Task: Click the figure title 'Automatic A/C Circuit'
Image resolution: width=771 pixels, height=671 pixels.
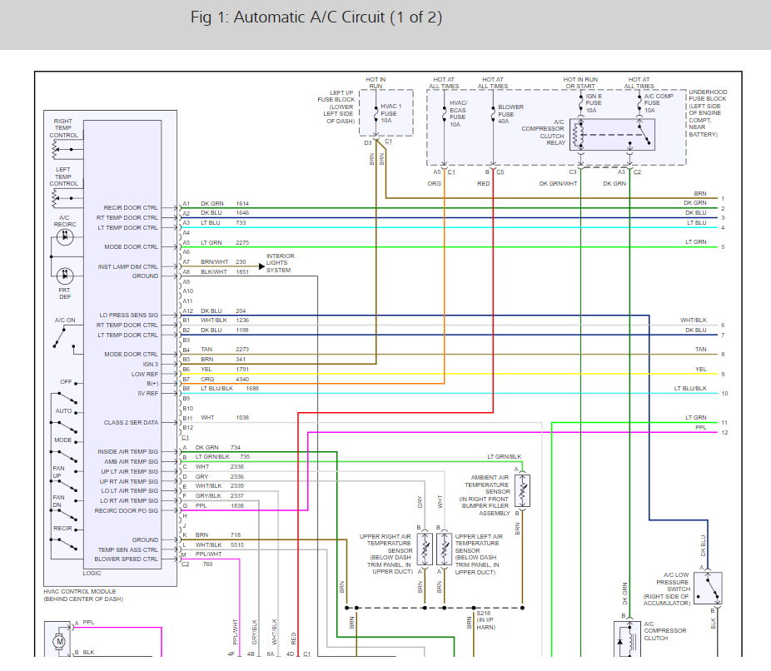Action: point(309,17)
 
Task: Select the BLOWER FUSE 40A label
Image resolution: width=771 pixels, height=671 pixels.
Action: point(510,114)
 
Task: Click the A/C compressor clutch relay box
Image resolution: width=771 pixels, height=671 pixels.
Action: point(612,134)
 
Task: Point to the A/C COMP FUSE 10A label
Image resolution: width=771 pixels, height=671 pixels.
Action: point(659,103)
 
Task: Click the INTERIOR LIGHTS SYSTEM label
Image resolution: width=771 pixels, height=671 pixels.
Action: point(280,263)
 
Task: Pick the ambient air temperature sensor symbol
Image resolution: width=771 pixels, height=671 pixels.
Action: point(522,490)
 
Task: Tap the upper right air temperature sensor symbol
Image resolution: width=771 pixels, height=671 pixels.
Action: point(425,548)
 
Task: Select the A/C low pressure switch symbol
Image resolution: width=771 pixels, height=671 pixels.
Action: point(708,588)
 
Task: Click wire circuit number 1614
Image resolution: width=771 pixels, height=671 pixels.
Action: point(242,203)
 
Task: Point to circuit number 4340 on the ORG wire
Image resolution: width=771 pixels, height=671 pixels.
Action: point(242,379)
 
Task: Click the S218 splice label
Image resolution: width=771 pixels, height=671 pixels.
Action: point(484,613)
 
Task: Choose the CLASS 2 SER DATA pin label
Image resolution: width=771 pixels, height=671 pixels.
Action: point(131,422)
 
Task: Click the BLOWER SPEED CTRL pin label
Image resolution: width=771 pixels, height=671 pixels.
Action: point(127,559)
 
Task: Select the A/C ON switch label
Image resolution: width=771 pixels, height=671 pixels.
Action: point(65,320)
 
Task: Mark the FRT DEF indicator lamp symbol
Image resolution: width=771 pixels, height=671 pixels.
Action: point(65,276)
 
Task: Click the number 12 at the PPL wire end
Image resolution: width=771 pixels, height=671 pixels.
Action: point(724,433)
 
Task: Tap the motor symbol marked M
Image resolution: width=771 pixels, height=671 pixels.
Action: point(60,642)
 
